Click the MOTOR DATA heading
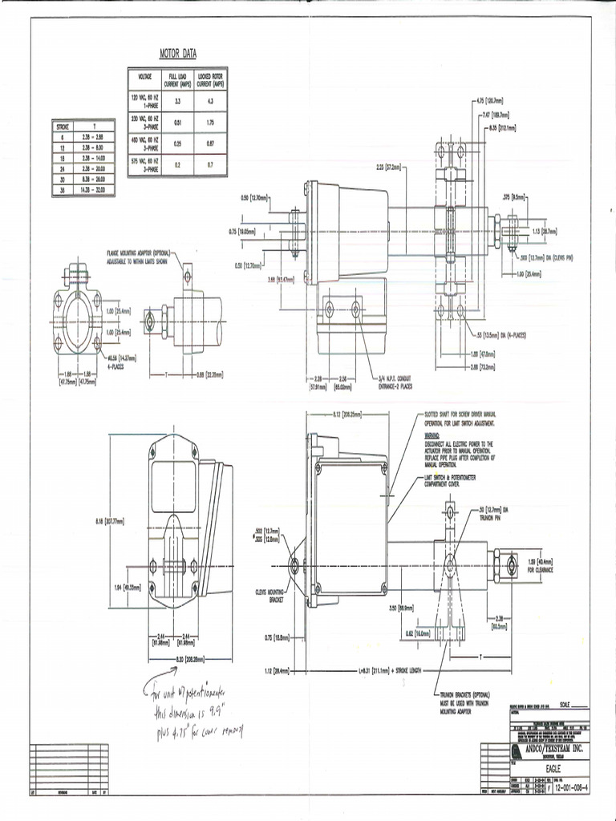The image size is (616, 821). [178, 55]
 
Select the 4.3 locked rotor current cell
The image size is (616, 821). [210, 102]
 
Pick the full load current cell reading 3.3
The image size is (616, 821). [176, 102]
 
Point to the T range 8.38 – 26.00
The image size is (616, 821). [94, 181]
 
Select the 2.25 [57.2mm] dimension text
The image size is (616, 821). [390, 168]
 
